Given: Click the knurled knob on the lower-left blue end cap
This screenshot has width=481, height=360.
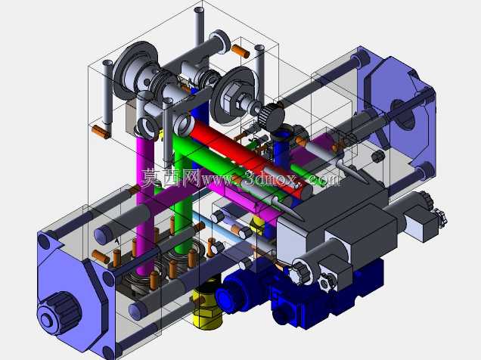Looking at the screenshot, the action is (61, 313).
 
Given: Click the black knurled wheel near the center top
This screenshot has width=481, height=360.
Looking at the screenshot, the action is (272, 116).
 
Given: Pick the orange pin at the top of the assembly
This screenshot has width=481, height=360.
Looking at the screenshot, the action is (240, 51).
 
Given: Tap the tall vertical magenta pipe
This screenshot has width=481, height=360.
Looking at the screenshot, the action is (144, 205).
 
